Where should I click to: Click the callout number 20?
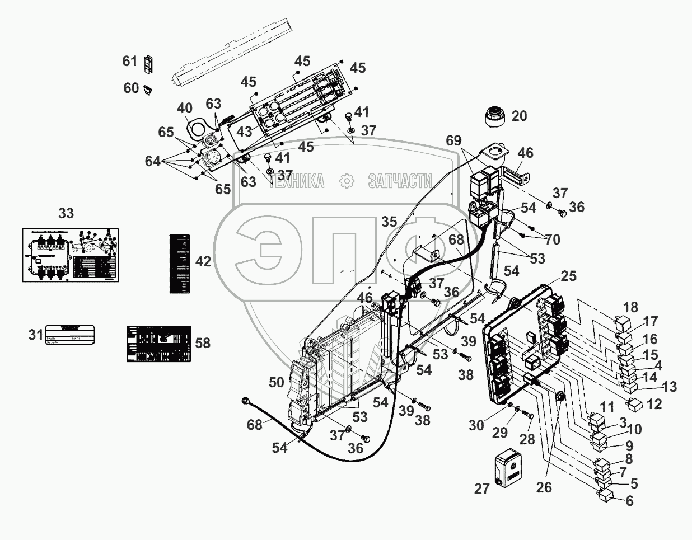[519, 116]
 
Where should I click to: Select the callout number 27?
[482, 489]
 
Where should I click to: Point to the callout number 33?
[66, 213]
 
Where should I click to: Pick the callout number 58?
[203, 342]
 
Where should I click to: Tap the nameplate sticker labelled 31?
[69, 334]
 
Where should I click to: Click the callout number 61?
[130, 60]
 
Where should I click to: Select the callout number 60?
[130, 88]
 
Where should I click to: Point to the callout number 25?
[568, 276]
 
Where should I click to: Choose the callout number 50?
[276, 382]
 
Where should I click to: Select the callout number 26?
[543, 487]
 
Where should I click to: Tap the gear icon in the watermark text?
[347, 181]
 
